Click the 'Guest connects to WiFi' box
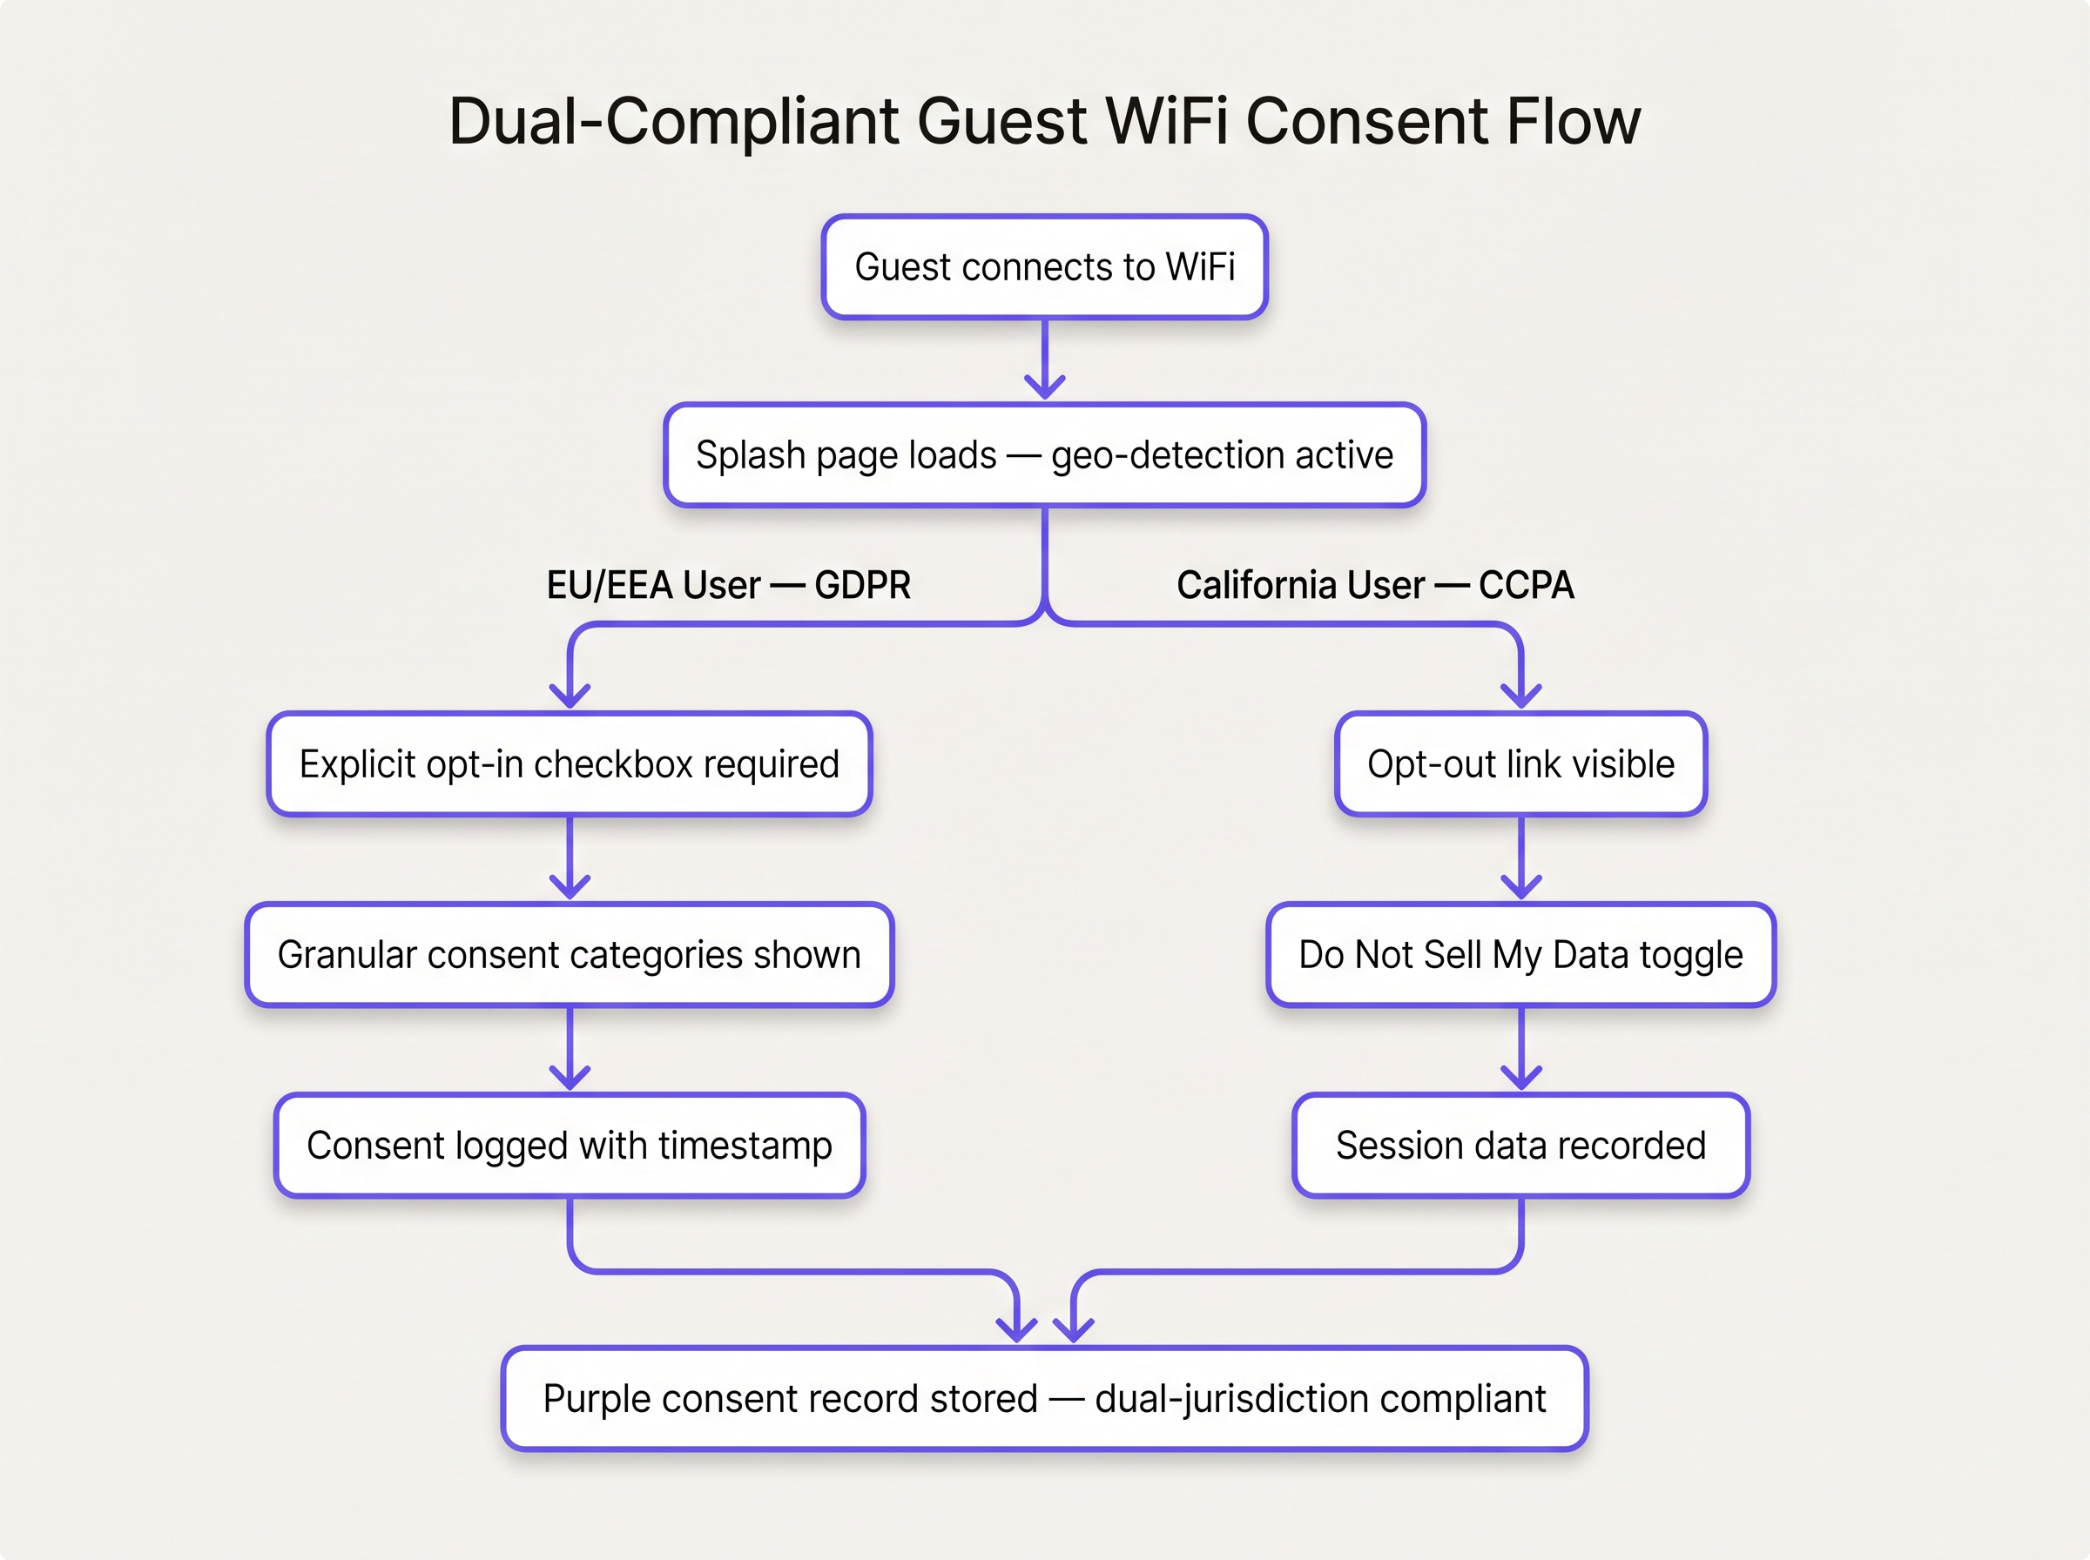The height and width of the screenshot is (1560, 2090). pyautogui.click(x=1043, y=267)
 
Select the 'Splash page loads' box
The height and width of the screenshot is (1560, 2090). pyautogui.click(x=1043, y=455)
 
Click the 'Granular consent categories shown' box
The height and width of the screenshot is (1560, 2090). pyautogui.click(x=569, y=955)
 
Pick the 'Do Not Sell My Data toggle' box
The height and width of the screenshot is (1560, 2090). pyautogui.click(x=1520, y=955)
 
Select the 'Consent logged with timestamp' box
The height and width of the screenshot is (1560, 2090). pyautogui.click(x=569, y=1146)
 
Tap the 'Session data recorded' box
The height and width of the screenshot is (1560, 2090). pyautogui.click(x=1520, y=1146)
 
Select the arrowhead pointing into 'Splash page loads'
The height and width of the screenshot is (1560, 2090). pyautogui.click(x=1044, y=387)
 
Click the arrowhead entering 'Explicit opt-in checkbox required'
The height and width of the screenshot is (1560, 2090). pyautogui.click(x=570, y=696)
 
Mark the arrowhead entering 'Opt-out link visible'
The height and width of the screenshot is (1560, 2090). pyautogui.click(x=1521, y=696)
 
